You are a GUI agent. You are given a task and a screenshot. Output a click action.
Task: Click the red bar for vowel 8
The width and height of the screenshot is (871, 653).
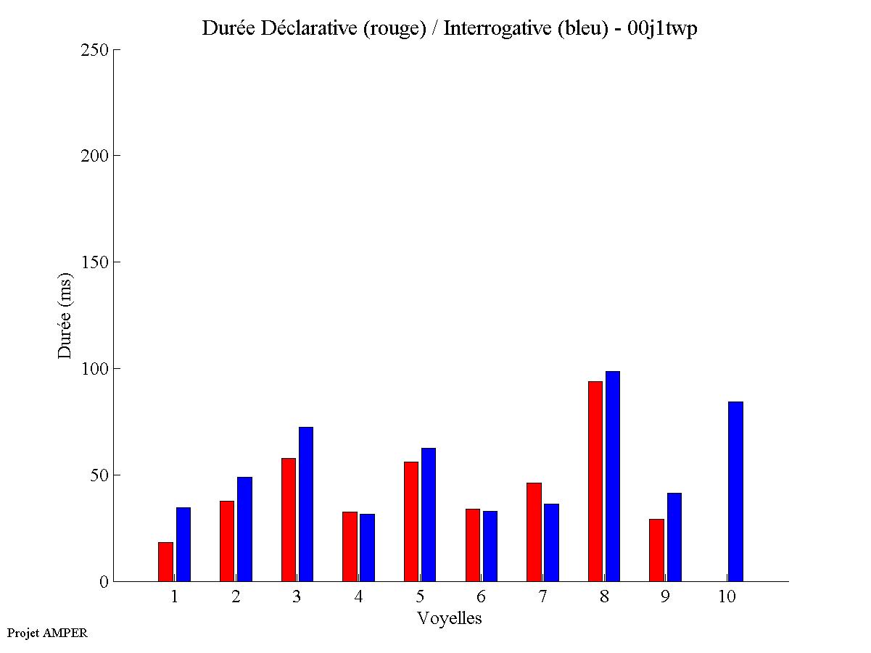coord(595,481)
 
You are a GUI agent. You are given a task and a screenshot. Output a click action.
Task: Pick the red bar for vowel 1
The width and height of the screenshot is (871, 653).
coord(165,562)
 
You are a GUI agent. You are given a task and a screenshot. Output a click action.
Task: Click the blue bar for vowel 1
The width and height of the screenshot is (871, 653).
coord(183,544)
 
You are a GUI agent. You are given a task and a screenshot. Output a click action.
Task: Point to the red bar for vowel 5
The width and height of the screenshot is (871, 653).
coord(411,521)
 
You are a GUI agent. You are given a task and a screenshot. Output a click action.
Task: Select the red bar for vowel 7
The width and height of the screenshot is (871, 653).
coord(534,532)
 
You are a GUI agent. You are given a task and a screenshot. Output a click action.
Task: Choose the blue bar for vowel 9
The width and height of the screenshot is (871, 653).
coord(674,537)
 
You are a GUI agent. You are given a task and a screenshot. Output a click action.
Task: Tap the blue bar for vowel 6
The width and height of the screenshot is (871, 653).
coord(490,546)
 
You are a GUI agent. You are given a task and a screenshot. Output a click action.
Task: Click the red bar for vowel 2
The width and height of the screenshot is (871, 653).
coord(227,541)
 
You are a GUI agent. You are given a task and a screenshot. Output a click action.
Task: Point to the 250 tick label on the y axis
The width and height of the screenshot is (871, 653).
coord(94,50)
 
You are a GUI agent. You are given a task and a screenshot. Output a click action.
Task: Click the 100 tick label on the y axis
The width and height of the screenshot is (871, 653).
coord(94,369)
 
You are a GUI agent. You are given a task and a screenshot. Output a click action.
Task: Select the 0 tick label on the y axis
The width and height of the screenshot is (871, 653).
coord(104,582)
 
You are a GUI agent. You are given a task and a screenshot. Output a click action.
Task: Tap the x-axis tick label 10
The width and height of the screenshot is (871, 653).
coord(727,596)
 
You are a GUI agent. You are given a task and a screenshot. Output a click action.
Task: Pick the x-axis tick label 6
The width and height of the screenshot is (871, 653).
coord(482,596)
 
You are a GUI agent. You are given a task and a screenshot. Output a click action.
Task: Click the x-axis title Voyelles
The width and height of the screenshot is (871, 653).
coord(450,618)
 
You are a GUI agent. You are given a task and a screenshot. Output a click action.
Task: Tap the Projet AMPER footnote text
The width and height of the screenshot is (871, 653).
coord(47,633)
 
